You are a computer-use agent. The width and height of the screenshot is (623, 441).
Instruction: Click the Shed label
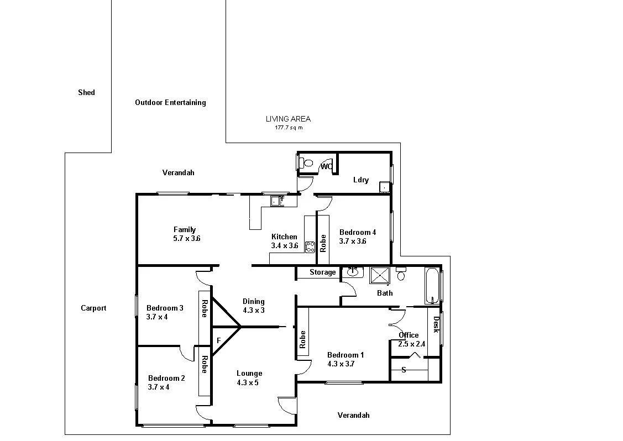[86, 93]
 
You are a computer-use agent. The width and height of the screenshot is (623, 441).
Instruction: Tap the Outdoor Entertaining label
[170, 103]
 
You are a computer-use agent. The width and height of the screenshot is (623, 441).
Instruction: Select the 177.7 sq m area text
[289, 128]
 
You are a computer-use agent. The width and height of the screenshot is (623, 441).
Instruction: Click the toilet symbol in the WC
[307, 164]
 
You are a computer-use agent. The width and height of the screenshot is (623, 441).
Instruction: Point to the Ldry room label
[360, 180]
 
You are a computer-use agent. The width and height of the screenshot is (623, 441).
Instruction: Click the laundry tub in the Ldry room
[384, 187]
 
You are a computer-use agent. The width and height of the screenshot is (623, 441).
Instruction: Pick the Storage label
[322, 272]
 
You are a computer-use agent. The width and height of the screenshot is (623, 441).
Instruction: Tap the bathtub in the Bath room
[432, 285]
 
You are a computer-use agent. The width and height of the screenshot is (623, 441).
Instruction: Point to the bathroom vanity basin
[352, 272]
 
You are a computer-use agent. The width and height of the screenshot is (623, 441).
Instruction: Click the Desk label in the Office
[436, 324]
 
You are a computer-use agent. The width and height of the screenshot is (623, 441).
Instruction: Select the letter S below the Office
[404, 370]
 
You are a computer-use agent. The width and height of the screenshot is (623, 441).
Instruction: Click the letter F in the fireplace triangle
[218, 340]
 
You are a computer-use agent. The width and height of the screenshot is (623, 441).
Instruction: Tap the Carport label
[93, 308]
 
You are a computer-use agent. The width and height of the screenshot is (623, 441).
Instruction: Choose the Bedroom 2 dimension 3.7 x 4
[159, 387]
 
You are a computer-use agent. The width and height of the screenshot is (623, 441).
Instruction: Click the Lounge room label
[249, 374]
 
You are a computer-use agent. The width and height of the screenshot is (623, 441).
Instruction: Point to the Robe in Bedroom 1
[302, 339]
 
